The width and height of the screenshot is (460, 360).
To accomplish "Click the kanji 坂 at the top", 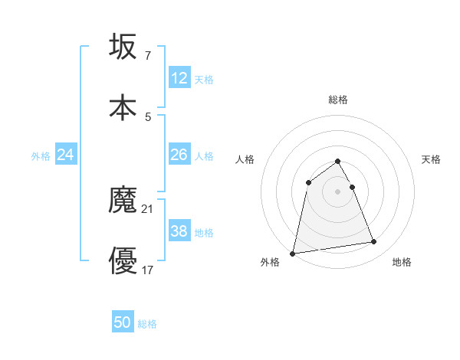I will click(x=123, y=47).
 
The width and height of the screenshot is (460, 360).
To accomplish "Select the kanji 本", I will click(x=123, y=107).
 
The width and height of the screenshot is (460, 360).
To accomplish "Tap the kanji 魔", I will click(x=123, y=201).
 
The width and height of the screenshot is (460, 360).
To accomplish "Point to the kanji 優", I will click(x=123, y=260).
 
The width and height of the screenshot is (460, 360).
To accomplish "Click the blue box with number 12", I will click(x=179, y=77).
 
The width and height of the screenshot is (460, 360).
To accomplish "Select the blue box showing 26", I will click(x=179, y=155).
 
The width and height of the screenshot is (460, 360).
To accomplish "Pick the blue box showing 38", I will click(x=179, y=231).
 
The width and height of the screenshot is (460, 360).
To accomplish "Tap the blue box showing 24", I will click(x=66, y=155).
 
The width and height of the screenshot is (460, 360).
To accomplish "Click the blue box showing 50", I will click(x=123, y=322).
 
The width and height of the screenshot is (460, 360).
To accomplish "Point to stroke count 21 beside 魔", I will click(x=149, y=208).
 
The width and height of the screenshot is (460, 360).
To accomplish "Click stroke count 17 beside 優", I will click(x=149, y=270).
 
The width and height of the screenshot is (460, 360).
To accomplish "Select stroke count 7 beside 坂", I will click(x=148, y=55).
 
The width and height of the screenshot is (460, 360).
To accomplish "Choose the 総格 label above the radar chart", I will click(x=338, y=100).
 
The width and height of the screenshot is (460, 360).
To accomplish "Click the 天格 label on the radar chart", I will click(x=432, y=159).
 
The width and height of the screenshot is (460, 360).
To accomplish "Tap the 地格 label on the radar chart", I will click(x=402, y=262).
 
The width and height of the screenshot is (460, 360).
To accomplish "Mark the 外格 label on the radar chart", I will click(x=271, y=262).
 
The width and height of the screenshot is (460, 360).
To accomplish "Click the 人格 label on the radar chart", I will click(x=245, y=159).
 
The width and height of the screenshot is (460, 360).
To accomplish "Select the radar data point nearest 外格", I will click(x=293, y=253).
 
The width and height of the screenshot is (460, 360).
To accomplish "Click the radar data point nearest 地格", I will click(x=374, y=242).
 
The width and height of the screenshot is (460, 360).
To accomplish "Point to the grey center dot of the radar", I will click(x=338, y=191).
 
